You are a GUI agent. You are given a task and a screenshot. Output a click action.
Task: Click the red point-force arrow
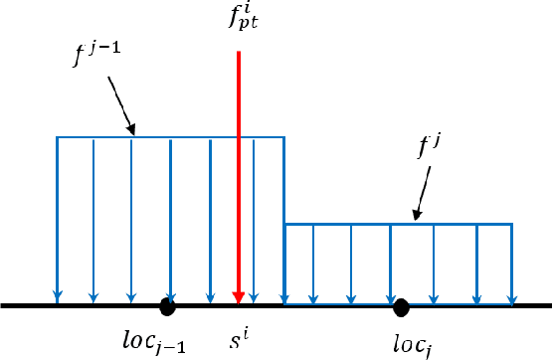point(239,179)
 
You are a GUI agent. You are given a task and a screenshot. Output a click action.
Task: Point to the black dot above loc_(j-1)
point(168,306)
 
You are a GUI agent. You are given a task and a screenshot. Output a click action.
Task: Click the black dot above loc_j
point(401,306)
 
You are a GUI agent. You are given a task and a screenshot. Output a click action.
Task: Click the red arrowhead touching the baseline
point(239,297)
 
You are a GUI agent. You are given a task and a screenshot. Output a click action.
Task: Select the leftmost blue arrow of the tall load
point(58,219)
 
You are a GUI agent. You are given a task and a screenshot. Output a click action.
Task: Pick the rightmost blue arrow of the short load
point(512,264)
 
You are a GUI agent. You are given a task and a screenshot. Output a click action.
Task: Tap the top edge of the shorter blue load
point(398,225)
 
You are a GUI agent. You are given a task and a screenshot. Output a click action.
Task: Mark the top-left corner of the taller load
point(58,136)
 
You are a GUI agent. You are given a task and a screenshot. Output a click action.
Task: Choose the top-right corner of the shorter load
point(512,225)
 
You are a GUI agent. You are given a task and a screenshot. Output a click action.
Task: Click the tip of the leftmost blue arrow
point(58,300)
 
